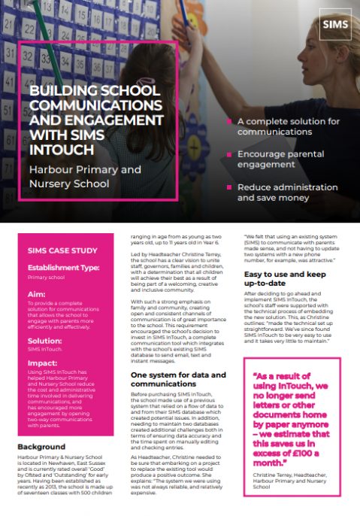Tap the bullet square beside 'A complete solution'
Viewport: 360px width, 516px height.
[x=228, y=121]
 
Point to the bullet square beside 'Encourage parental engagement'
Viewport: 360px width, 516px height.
[x=228, y=154]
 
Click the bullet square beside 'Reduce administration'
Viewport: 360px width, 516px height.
[x=228, y=187]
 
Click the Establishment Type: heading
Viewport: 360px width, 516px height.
[x=65, y=267]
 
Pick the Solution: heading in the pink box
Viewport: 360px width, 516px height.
[x=46, y=341]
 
